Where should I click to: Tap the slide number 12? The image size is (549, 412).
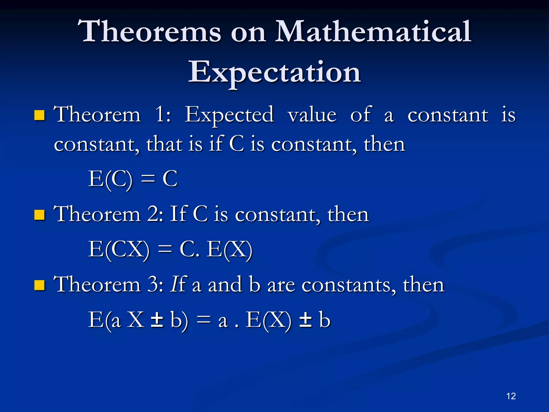tap(511, 396)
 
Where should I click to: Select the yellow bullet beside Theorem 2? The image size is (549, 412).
tap(39, 215)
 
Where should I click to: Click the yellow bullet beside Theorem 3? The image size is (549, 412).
tap(39, 285)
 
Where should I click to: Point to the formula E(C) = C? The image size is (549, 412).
tap(133, 179)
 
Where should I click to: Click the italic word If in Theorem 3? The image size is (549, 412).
tap(178, 284)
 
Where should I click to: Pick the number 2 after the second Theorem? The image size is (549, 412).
tap(153, 215)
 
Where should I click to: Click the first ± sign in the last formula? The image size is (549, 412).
tap(157, 320)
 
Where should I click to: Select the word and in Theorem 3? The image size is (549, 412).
tap(225, 285)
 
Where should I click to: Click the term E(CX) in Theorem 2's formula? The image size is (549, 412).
tap(119, 250)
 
